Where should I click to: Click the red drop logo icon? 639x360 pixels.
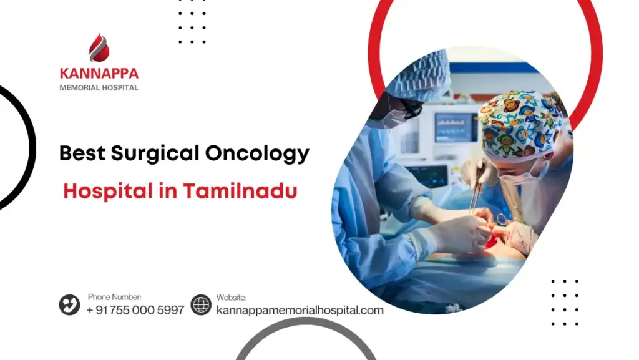point(99,48)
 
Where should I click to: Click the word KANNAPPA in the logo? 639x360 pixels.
point(99,74)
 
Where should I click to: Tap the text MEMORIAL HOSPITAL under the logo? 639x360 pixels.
point(99,88)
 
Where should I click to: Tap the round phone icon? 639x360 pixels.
point(69,304)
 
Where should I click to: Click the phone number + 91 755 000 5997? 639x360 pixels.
point(135,310)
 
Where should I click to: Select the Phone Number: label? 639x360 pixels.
point(114,297)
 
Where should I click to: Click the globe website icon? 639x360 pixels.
point(201,304)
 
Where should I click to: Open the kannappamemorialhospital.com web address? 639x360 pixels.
point(300,310)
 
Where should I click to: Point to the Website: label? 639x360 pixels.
point(232,298)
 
